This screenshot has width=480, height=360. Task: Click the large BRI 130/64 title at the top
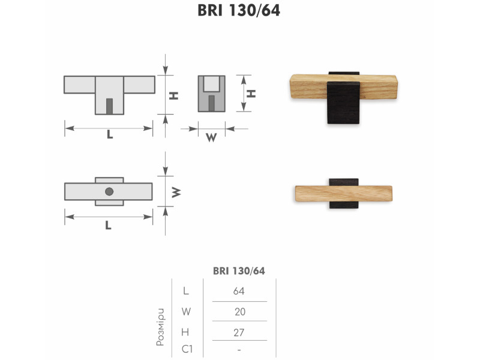[239, 10]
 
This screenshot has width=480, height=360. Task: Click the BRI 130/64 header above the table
[239, 271]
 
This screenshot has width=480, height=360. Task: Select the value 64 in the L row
[239, 291]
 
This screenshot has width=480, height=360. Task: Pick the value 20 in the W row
[240, 311]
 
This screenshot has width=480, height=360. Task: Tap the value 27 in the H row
[239, 332]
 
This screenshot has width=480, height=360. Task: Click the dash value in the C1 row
[239, 350]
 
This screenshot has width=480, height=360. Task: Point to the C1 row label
[187, 349]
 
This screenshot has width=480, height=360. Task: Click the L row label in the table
[186, 291]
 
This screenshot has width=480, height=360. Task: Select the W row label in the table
[186, 311]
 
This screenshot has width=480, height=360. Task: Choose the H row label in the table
[185, 332]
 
